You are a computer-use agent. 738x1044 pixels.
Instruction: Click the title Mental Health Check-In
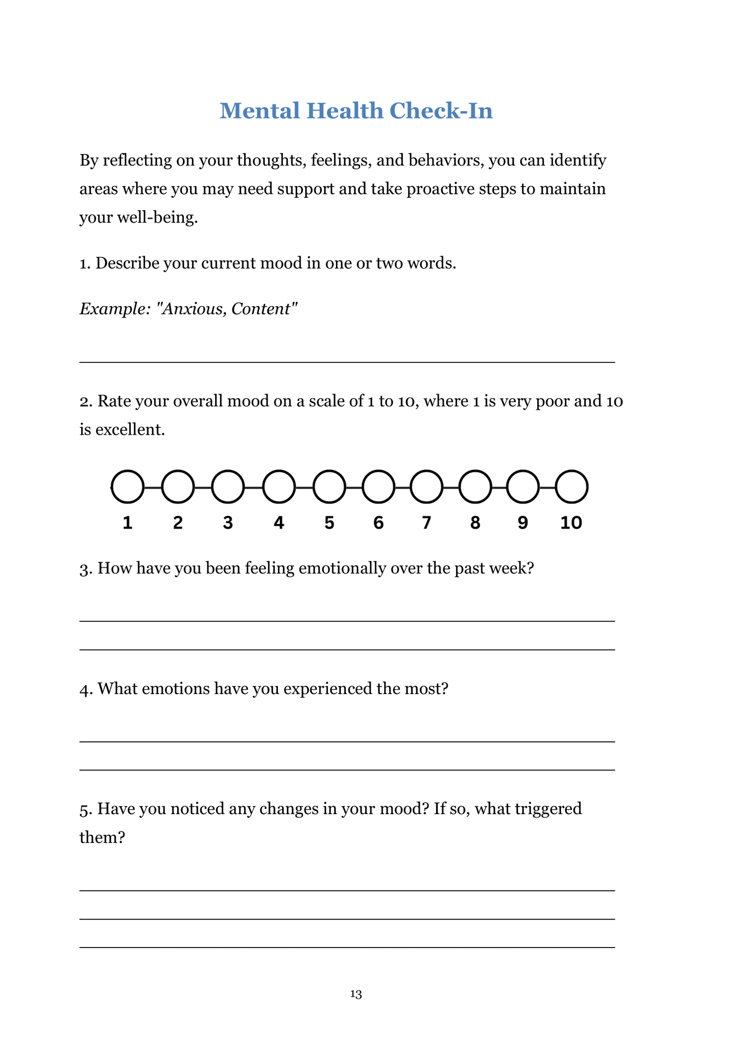click(x=356, y=111)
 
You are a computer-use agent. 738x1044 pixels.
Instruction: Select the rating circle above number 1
click(x=127, y=487)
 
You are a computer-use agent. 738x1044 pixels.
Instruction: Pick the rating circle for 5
click(x=329, y=487)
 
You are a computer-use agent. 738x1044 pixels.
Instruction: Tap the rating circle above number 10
click(x=571, y=487)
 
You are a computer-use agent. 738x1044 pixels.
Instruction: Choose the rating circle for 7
click(x=426, y=487)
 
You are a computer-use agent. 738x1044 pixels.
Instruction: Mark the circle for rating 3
click(x=228, y=487)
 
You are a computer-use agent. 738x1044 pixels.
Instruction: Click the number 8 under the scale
click(x=475, y=523)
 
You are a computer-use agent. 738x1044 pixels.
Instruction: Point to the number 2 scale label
click(x=178, y=523)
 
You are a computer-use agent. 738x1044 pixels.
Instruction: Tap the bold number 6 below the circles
click(x=378, y=523)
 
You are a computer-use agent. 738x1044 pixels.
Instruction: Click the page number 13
click(x=356, y=994)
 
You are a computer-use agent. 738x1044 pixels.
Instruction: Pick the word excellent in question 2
click(x=130, y=430)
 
